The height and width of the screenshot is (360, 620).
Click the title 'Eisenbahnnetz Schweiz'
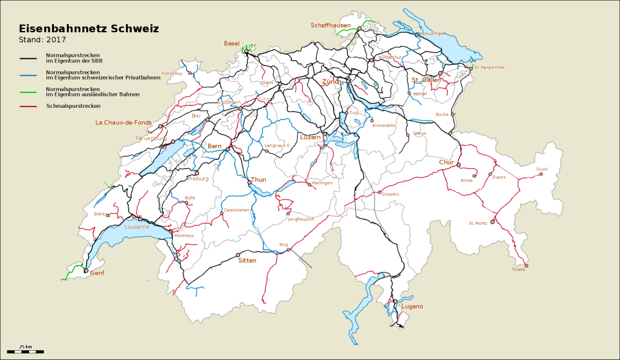89,29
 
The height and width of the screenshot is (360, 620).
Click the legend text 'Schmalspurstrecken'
73,106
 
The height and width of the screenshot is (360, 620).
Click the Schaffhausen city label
330,25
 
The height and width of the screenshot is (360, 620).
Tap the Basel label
232,43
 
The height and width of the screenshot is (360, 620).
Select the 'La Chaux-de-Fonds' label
123,123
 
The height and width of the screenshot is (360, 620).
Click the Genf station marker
86,270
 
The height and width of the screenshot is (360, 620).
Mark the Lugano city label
412,307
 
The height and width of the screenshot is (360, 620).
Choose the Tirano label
518,270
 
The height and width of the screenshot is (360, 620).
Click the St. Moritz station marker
492,222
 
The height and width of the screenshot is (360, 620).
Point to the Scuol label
542,169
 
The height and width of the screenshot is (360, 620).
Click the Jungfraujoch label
301,219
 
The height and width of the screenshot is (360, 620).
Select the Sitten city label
247,261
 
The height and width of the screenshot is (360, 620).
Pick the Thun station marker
249,182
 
